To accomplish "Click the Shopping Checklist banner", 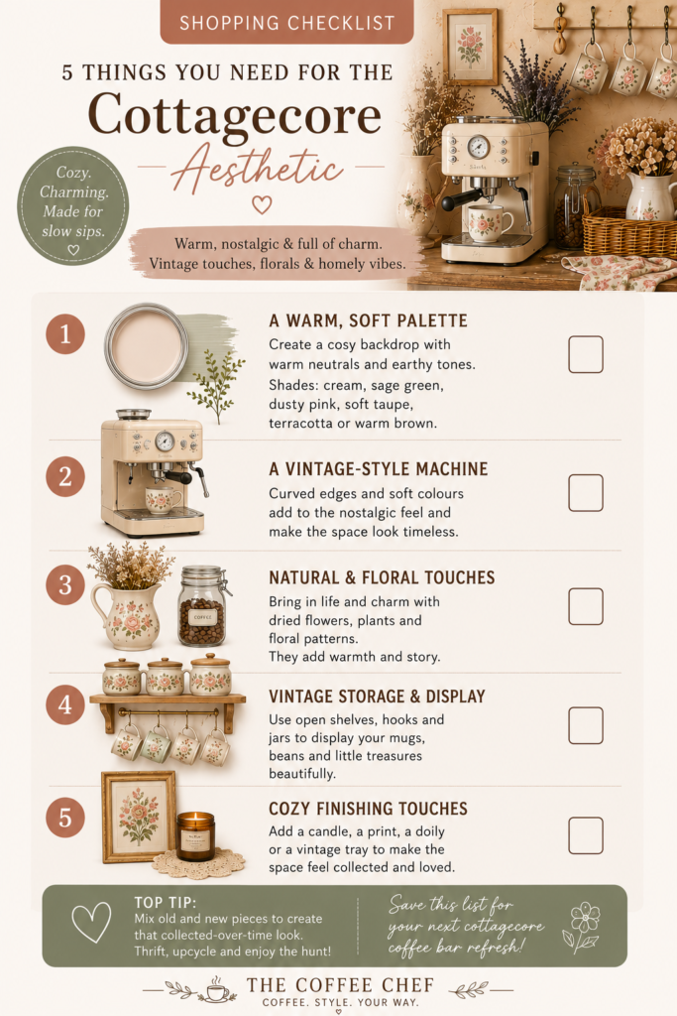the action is tap(286, 23).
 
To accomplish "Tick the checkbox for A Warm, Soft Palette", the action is tap(586, 354).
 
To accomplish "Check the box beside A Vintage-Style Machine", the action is tap(586, 492).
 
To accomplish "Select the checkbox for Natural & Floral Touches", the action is tap(586, 606).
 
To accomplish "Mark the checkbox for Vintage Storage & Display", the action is tap(586, 725).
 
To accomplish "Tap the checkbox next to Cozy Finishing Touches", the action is tap(586, 835).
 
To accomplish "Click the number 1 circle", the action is tap(65, 334).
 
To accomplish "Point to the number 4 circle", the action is tap(65, 704).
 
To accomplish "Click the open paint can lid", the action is tap(147, 345).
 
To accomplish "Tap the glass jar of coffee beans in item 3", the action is tap(203, 606).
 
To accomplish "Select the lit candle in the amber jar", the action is tap(195, 835).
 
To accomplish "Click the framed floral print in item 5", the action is tap(139, 817).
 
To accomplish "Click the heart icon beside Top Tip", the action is tap(90, 922).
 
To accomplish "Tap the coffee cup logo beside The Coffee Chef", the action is tap(217, 989).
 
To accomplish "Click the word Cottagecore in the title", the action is tap(234, 115).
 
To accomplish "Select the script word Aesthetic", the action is tap(257, 167).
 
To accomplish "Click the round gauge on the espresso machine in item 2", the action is tap(165, 442).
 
